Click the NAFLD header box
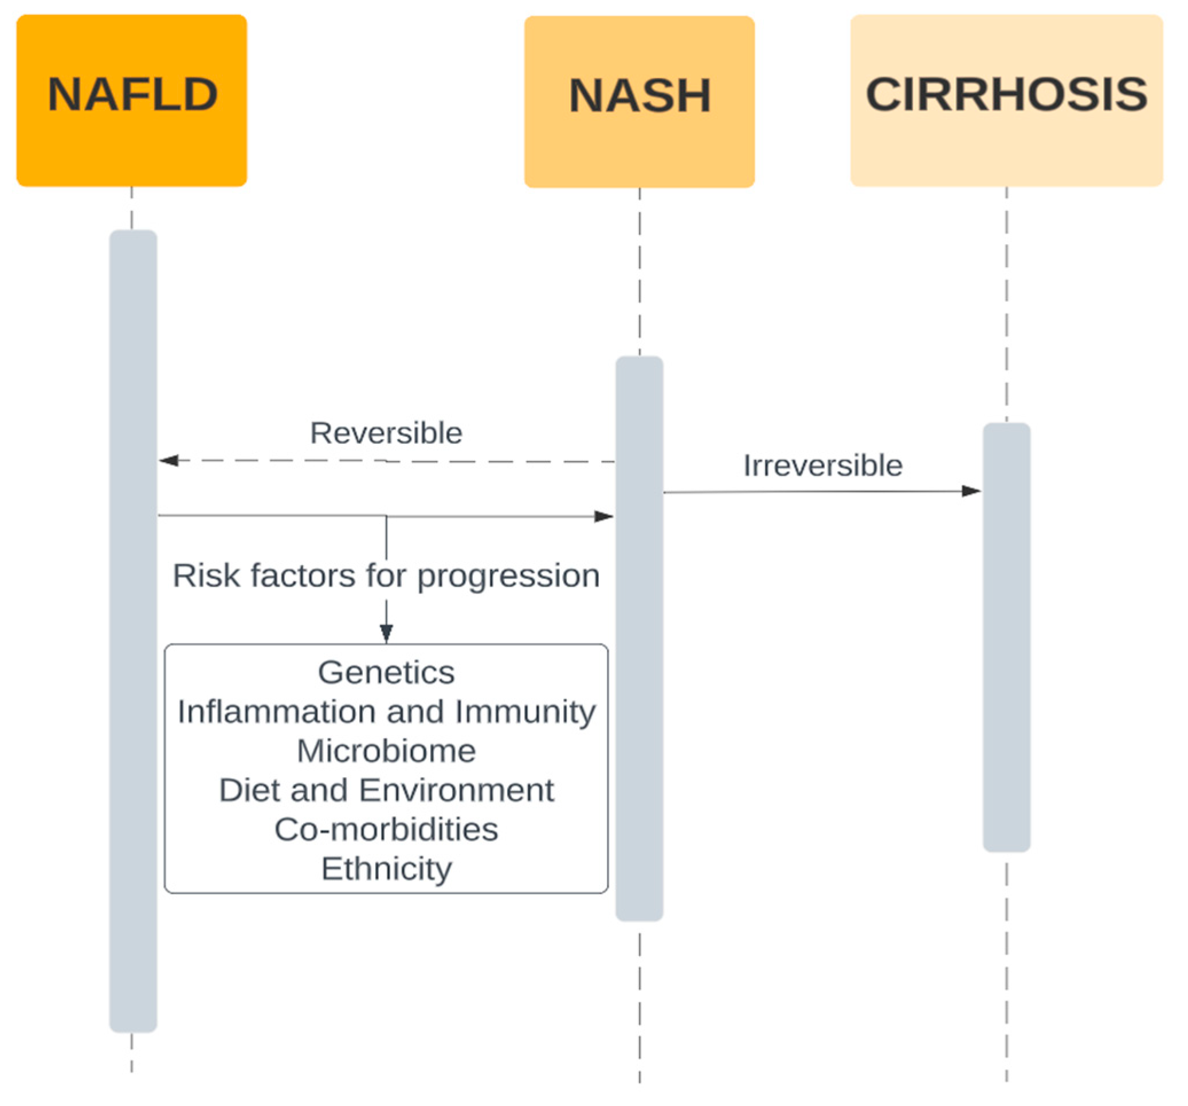(x=131, y=100)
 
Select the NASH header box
(x=639, y=101)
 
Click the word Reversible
(x=386, y=433)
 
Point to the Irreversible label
(x=822, y=465)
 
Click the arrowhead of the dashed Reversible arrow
(x=169, y=460)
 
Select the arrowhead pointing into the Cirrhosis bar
(x=970, y=491)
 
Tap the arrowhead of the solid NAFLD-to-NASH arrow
(x=603, y=516)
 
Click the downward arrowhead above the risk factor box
(x=386, y=633)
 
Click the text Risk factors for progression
(x=386, y=575)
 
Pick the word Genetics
(x=386, y=672)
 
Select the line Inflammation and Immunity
(x=386, y=712)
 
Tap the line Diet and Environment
(x=386, y=790)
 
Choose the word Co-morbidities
(x=386, y=829)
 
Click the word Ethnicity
(x=386, y=869)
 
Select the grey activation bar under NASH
(x=639, y=747)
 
